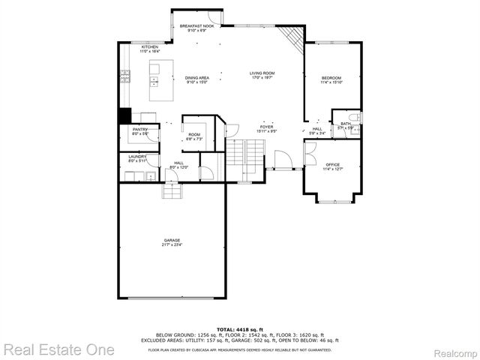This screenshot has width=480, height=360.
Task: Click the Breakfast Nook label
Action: [x=198, y=28]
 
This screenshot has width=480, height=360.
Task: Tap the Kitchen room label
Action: [x=150, y=49]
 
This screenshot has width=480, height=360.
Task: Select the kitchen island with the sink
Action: [x=157, y=82]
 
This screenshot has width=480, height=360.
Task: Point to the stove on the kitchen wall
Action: [x=125, y=76]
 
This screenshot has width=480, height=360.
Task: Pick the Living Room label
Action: [x=262, y=75]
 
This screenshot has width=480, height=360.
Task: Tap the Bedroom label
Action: [x=331, y=79]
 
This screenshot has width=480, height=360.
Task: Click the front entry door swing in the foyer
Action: [x=283, y=160]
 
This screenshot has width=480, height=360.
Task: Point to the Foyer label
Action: [x=267, y=129]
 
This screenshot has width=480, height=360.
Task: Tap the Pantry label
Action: [x=140, y=131]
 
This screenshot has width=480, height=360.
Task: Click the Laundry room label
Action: [x=136, y=158]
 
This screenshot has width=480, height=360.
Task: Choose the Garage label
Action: [x=172, y=243]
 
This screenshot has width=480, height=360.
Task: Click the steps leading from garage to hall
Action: [x=172, y=192]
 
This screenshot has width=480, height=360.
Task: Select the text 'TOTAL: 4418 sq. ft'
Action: [x=240, y=329]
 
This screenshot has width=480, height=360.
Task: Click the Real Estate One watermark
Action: [x=58, y=349]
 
